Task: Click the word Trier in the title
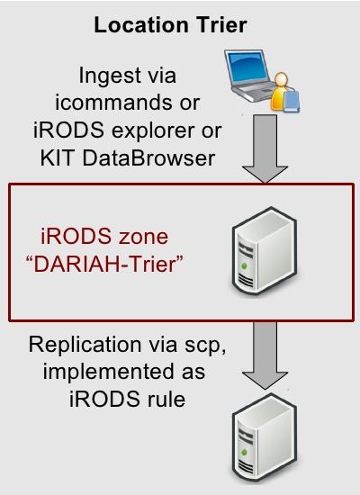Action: pos(220,25)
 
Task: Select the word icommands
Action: pos(114,103)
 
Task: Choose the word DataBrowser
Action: pos(148,157)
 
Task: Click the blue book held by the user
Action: pos(292,101)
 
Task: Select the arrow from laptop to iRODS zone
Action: pos(265,148)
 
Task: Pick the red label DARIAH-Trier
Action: pos(104,264)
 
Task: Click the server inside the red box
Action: pos(265,251)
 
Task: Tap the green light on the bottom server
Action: pos(244,453)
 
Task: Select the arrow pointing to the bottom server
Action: pos(265,355)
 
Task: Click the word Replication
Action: pos(85,345)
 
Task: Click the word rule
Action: pos(166,399)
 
